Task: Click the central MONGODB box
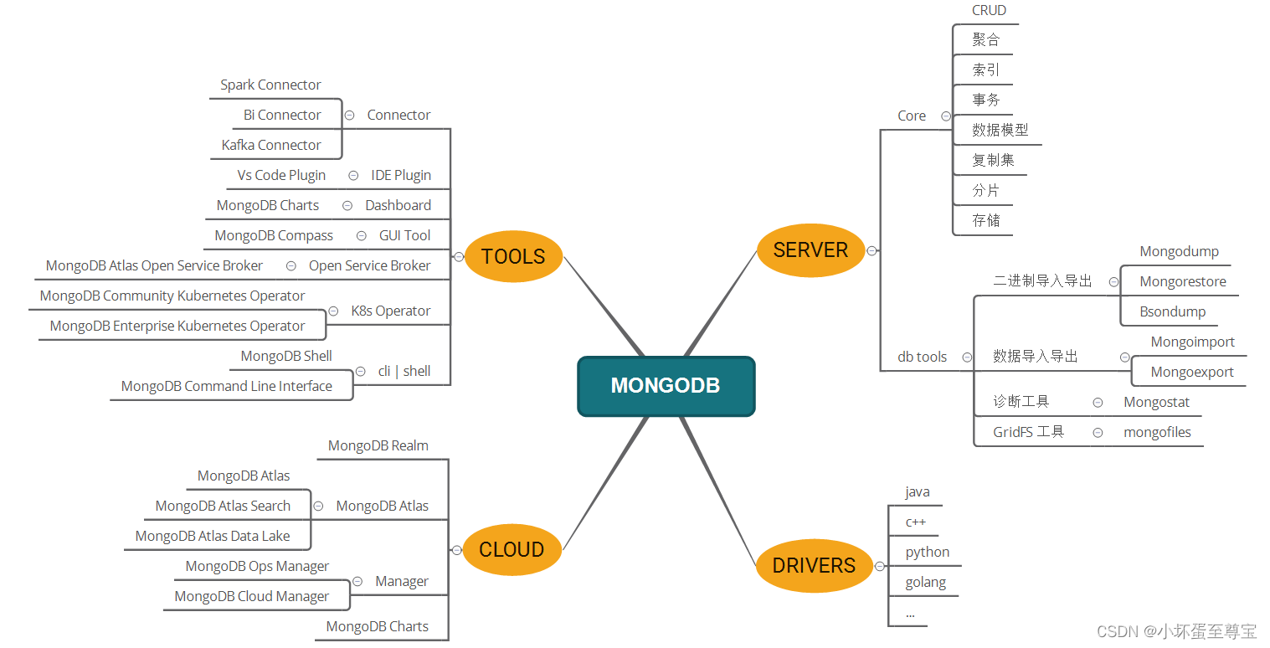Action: pos(666,386)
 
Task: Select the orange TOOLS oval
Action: pos(513,256)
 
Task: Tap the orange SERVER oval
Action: pos(810,249)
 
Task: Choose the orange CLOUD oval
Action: pos(512,549)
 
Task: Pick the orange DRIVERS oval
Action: pos(814,565)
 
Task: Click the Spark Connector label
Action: pos(270,85)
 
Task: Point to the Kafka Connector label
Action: pos(271,145)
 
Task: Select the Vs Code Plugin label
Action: pos(281,175)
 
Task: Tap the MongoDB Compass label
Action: pos(274,235)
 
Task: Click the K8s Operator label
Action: pos(391,311)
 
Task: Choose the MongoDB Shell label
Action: pos(286,356)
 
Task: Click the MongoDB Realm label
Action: pos(378,445)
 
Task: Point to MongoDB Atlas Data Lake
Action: pos(213,536)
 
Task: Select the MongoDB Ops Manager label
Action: pos(257,566)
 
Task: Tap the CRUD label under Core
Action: pos(989,10)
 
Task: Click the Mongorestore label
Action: pos(1183,281)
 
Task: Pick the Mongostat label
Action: pos(1157,402)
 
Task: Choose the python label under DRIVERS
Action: pos(928,552)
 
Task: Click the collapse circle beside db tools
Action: pos(967,357)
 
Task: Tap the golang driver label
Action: pos(926,582)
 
